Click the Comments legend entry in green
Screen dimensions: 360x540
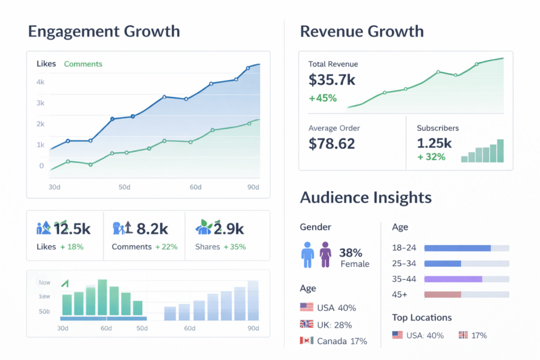(83, 64)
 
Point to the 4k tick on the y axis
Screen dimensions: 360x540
(40, 82)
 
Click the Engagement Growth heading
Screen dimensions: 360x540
(103, 31)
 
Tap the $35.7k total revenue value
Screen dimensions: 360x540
(332, 80)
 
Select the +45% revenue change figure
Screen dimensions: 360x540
(323, 98)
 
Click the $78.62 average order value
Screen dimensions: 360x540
(332, 143)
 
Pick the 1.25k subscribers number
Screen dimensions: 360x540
(434, 143)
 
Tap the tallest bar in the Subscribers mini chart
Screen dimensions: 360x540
(500, 151)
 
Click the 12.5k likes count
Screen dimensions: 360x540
(72, 229)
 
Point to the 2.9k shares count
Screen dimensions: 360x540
(228, 229)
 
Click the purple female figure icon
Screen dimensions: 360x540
(325, 255)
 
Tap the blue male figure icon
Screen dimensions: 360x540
(307, 255)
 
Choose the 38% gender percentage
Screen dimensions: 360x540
(351, 252)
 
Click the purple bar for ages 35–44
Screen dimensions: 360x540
(453, 279)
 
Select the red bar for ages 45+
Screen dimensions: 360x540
(442, 295)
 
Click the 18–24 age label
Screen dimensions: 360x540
(404, 248)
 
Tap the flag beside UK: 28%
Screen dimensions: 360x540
(306, 324)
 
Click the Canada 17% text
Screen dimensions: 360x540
(342, 341)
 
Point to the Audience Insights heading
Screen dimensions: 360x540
(365, 198)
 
